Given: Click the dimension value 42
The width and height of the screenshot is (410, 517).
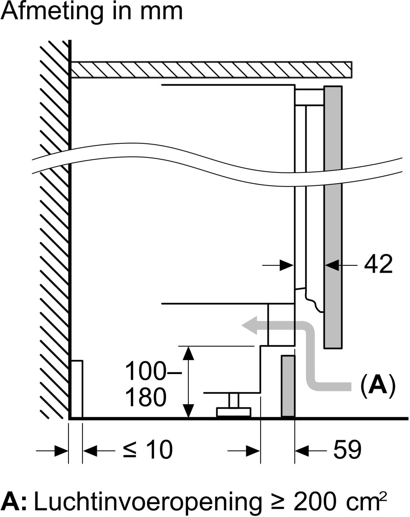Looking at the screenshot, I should [378, 264].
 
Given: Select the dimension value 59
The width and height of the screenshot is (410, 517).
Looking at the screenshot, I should [347, 450].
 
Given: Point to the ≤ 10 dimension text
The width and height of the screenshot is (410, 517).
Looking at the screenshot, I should [148, 450].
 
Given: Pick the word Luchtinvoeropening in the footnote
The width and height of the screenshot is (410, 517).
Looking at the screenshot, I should [148, 502].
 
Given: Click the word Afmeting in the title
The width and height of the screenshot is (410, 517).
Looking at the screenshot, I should [52, 12].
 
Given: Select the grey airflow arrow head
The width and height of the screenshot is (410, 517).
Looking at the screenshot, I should [250, 325].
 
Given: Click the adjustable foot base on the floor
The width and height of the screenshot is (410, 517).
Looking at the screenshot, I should [233, 412].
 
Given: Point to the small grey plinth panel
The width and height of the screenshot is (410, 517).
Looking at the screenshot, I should [288, 386].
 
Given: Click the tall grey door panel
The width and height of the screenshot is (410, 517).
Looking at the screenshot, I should [333, 217].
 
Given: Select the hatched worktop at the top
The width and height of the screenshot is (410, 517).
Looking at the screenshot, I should [211, 70].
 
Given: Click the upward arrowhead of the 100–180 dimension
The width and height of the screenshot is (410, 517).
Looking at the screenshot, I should [188, 354].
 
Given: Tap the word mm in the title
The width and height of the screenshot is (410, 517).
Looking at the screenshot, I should [161, 12].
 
